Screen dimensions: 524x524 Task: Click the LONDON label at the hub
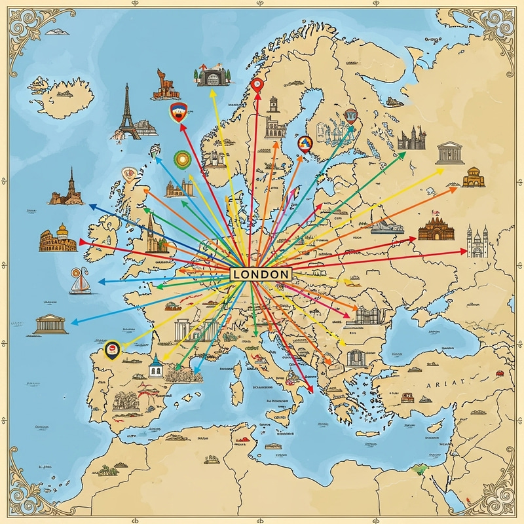[259, 274]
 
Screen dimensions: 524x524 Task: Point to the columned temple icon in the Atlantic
[51, 324]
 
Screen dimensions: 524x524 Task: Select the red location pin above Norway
[257, 84]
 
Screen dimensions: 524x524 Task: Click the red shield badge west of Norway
[176, 112]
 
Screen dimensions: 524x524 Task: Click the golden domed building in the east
[474, 176]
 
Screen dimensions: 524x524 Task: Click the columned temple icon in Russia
[449, 153]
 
